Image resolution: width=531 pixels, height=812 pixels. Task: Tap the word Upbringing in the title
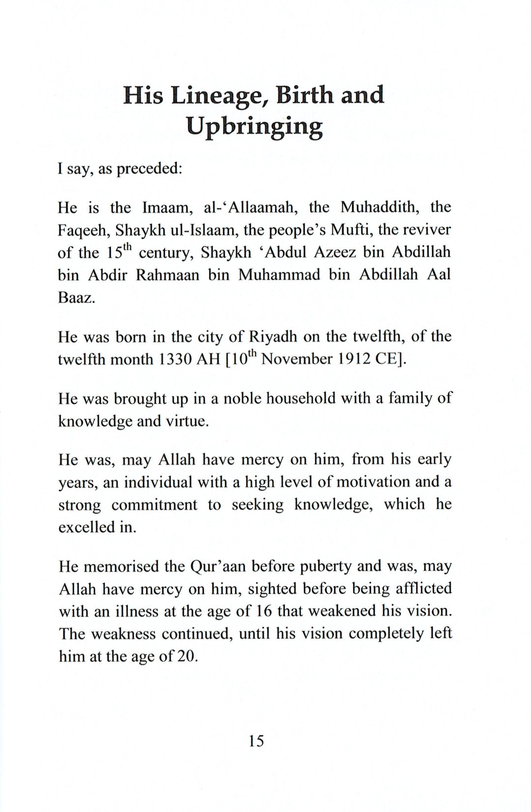pyautogui.click(x=254, y=127)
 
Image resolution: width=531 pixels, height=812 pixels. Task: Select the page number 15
pyautogui.click(x=256, y=740)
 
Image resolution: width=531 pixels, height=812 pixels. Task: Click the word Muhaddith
pyautogui.click(x=381, y=207)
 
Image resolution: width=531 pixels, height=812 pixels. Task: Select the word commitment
pyautogui.click(x=154, y=505)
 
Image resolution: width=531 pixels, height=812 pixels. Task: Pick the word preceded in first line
pyautogui.click(x=149, y=169)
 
